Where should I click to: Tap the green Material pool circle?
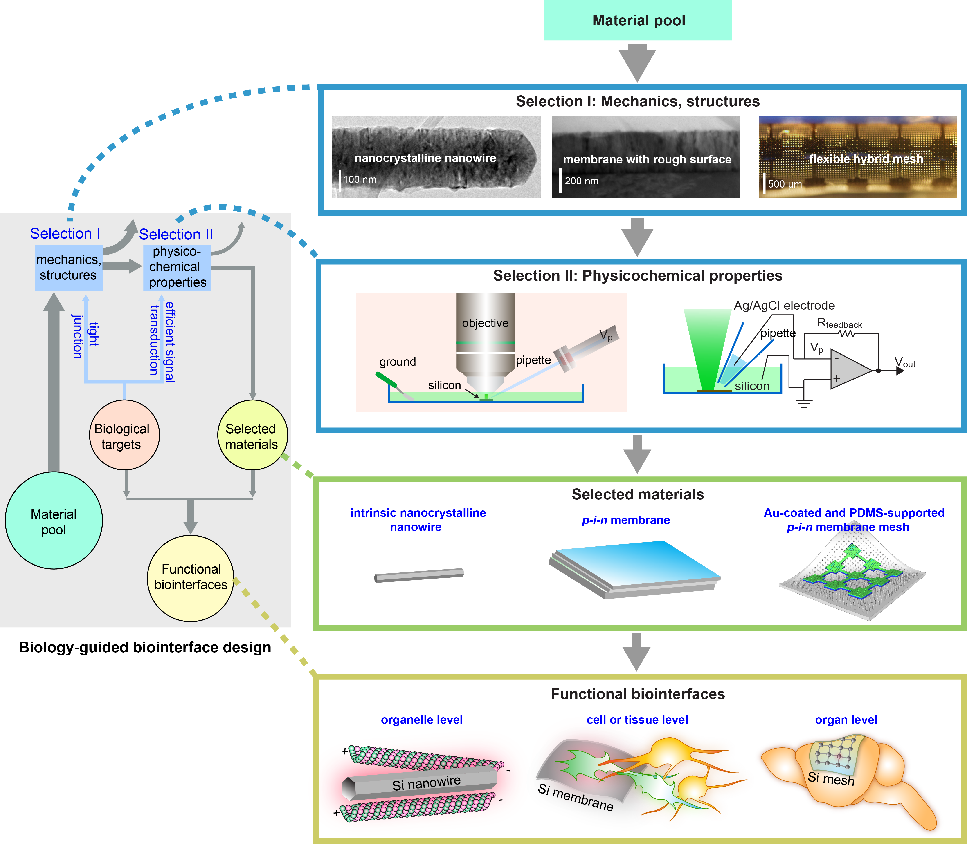(x=54, y=521)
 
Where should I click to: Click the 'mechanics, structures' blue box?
(x=68, y=267)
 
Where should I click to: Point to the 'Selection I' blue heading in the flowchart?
(x=65, y=233)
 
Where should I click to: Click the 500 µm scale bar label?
(x=785, y=184)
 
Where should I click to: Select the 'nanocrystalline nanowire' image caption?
(x=425, y=158)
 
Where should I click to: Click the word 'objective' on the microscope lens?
(x=485, y=323)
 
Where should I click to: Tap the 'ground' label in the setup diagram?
(x=398, y=362)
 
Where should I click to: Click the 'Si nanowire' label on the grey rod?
(x=426, y=784)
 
